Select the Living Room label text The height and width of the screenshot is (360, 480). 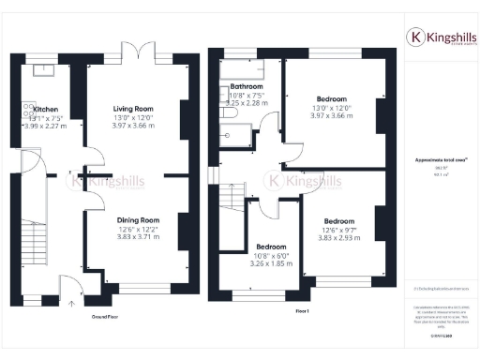[134, 109]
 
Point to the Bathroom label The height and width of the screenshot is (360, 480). [247, 86]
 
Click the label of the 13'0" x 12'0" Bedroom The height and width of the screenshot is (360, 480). [331, 99]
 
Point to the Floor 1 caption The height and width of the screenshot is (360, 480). [301, 308]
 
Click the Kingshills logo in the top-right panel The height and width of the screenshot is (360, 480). [439, 37]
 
